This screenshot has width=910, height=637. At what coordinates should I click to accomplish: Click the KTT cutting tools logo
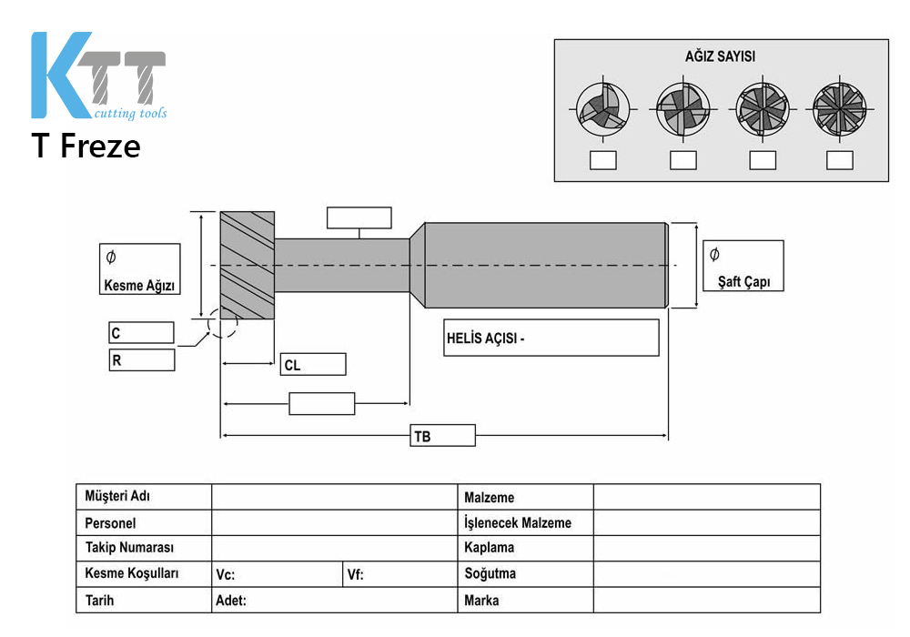tap(98, 76)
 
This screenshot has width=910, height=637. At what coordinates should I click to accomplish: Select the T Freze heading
tap(86, 146)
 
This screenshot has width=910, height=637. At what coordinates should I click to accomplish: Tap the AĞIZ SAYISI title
tap(720, 56)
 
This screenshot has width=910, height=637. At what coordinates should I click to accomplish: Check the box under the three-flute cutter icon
tap(603, 160)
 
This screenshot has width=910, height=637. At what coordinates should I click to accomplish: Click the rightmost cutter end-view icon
tap(839, 109)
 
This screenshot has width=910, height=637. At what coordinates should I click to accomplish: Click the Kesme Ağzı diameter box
tap(140, 268)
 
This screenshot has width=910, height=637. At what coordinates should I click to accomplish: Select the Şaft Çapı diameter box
tap(743, 265)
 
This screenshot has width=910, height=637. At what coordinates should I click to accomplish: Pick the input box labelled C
tap(142, 332)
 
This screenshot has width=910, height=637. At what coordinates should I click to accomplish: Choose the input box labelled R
tap(142, 359)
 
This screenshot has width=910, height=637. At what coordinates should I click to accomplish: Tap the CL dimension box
tap(313, 364)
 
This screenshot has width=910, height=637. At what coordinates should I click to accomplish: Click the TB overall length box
tap(442, 436)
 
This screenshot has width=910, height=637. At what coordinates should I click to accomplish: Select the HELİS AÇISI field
tap(551, 338)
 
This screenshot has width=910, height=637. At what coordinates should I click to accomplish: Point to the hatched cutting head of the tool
tap(248, 265)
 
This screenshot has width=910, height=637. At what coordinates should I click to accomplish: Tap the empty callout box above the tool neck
tap(359, 218)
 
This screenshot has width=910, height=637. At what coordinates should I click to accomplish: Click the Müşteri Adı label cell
tap(144, 497)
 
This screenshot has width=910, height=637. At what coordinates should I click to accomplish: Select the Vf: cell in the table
tap(399, 574)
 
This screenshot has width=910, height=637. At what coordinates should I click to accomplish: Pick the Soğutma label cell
tap(526, 574)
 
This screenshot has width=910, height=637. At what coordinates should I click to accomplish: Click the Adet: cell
tap(335, 600)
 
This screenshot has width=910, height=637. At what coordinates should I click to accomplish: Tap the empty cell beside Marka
tap(707, 600)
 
